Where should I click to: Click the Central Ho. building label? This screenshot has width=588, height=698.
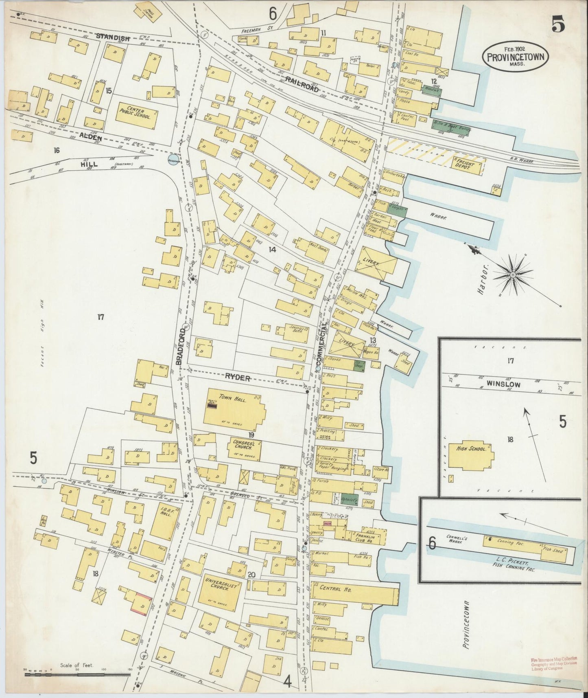coord(342,589)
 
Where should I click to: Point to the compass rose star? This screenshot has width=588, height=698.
coord(513,276)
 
